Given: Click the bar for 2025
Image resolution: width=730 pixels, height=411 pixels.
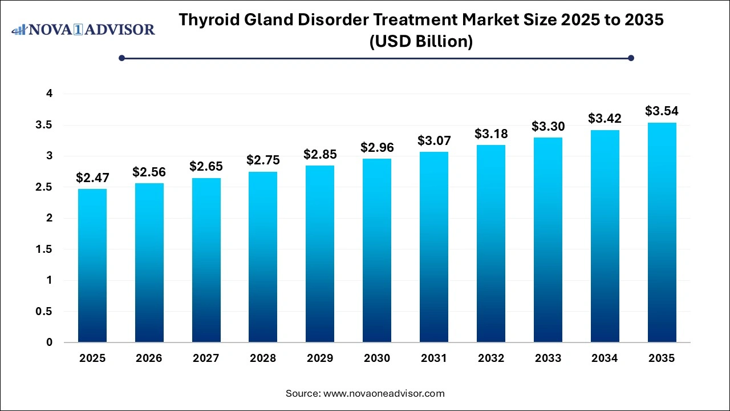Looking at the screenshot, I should click(x=92, y=265).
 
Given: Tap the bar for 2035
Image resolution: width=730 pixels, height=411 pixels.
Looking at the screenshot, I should click(x=662, y=232).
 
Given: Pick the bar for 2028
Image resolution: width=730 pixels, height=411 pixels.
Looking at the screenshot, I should click(x=263, y=257).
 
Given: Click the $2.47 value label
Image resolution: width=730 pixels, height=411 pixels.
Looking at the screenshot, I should click(x=92, y=178).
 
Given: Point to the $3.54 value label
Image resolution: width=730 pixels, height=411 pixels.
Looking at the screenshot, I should click(x=662, y=111).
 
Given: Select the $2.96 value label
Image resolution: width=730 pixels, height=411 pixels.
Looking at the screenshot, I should click(x=377, y=148).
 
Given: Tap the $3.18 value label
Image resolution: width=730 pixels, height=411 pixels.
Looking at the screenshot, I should click(x=491, y=134).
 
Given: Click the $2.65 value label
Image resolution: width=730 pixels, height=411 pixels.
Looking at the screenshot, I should click(x=206, y=167).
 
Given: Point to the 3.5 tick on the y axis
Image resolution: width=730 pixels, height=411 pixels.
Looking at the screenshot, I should click(x=46, y=125).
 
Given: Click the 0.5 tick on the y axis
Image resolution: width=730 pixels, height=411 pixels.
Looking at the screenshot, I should click(x=46, y=312).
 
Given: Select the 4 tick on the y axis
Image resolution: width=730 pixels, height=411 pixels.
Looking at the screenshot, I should click(x=49, y=94).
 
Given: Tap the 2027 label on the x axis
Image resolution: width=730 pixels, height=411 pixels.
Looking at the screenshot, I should click(x=206, y=358).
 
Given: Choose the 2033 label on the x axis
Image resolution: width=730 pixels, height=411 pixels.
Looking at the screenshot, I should click(x=548, y=358).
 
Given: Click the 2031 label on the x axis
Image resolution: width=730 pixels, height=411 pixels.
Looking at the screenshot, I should click(x=434, y=358).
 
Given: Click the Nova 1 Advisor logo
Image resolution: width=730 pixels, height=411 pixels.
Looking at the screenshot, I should click(x=83, y=29).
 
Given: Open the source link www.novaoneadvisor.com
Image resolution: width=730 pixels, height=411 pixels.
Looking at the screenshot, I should click(x=384, y=393).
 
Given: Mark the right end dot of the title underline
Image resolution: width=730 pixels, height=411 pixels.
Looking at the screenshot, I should click(x=631, y=58).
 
